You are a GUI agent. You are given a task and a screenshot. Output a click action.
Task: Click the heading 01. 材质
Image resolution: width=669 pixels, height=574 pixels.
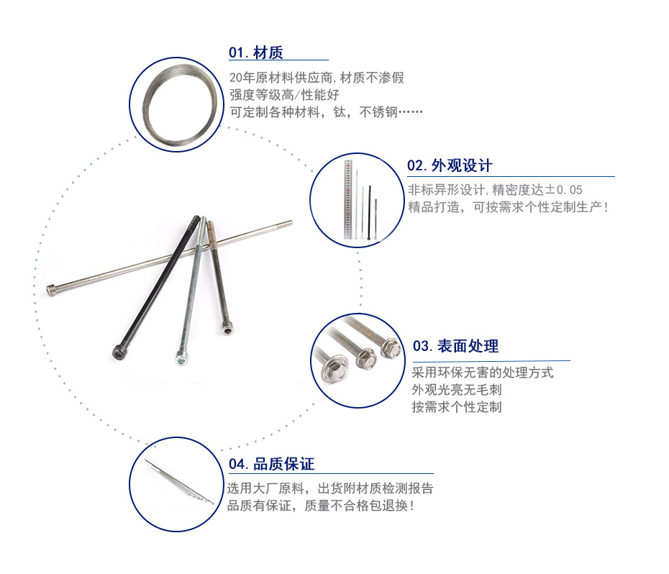(x=255, y=53)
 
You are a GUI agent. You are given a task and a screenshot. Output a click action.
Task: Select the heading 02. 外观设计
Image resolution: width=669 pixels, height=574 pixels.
(x=450, y=165)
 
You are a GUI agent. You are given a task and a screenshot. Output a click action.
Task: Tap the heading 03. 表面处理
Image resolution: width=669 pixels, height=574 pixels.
(x=455, y=346)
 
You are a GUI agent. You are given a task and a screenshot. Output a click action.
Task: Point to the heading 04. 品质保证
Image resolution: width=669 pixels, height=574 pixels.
(x=271, y=464)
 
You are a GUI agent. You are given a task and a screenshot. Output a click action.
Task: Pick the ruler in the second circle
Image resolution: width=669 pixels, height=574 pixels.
(x=349, y=199)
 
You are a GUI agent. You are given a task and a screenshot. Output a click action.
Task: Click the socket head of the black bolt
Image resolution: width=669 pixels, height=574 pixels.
(x=118, y=352)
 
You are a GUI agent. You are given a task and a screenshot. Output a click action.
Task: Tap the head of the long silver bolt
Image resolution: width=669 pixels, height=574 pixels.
(x=51, y=290)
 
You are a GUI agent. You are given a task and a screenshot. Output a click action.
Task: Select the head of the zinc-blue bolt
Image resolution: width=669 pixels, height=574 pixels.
(x=182, y=358)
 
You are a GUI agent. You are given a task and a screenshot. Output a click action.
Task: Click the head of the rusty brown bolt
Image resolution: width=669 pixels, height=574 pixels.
(x=227, y=329)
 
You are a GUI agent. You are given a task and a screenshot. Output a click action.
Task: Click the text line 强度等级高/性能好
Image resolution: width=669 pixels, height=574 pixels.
(x=284, y=95)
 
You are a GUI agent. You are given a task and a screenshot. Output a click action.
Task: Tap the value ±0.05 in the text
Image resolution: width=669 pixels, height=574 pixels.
(x=564, y=190)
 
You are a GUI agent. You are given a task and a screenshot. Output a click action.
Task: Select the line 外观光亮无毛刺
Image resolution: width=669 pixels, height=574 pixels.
(x=457, y=390)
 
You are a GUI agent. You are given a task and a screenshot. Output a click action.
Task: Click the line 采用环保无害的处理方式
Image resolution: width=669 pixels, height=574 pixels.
(x=483, y=373)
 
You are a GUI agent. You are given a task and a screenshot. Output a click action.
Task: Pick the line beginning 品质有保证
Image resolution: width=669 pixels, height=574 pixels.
(x=320, y=506)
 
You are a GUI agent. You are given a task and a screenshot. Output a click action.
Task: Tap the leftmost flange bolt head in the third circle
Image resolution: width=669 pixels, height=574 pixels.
(x=334, y=369)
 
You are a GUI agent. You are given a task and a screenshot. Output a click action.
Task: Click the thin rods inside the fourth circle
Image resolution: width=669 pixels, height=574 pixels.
(x=179, y=481)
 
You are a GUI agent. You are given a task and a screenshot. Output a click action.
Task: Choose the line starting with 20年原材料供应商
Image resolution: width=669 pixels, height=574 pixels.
(x=317, y=78)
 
